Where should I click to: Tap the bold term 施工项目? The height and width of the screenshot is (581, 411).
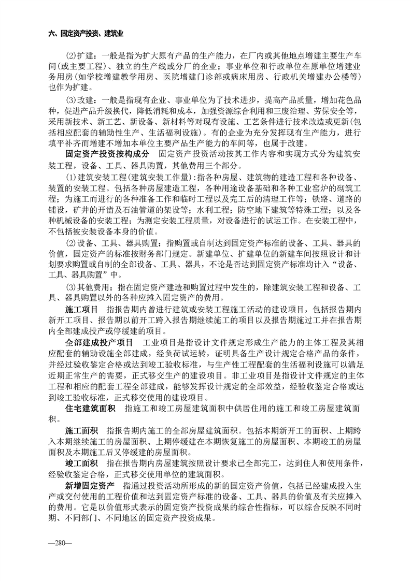click(79, 309)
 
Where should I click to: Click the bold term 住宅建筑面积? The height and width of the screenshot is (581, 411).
click(91, 409)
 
